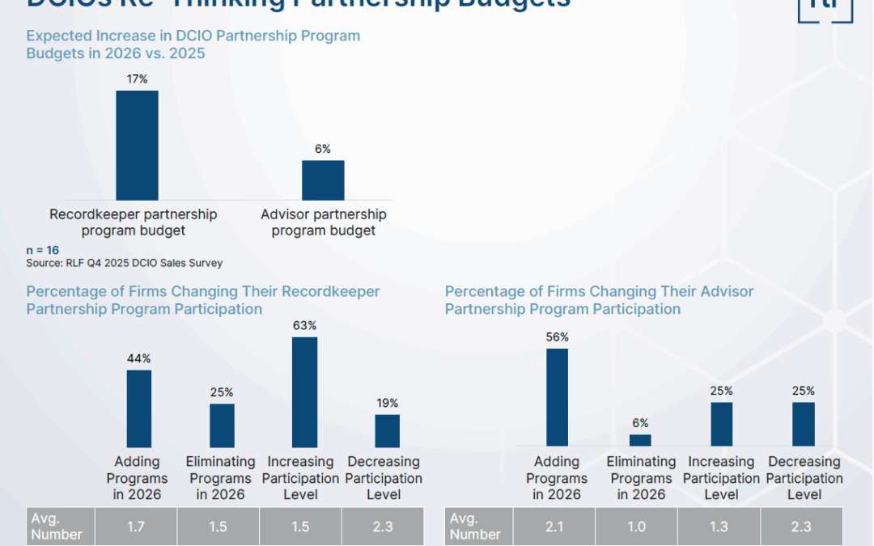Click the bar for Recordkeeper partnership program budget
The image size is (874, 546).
(137, 146)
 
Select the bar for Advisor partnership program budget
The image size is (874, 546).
(323, 180)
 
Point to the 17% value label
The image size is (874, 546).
(137, 79)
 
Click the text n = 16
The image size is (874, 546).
(42, 250)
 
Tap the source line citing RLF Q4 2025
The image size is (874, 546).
(124, 263)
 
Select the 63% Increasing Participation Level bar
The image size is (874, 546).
(304, 392)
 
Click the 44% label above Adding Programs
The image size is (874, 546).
(139, 358)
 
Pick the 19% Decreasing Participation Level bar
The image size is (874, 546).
(387, 431)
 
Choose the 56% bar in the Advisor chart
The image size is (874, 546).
(557, 397)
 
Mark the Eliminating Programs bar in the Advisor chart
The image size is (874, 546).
(640, 440)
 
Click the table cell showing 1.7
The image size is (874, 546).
(136, 527)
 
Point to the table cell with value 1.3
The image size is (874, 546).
(719, 527)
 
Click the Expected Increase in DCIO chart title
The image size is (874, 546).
(193, 44)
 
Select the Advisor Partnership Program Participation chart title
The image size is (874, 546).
(599, 300)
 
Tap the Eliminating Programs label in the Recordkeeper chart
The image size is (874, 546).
(220, 478)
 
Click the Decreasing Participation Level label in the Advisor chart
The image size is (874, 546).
(804, 478)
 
